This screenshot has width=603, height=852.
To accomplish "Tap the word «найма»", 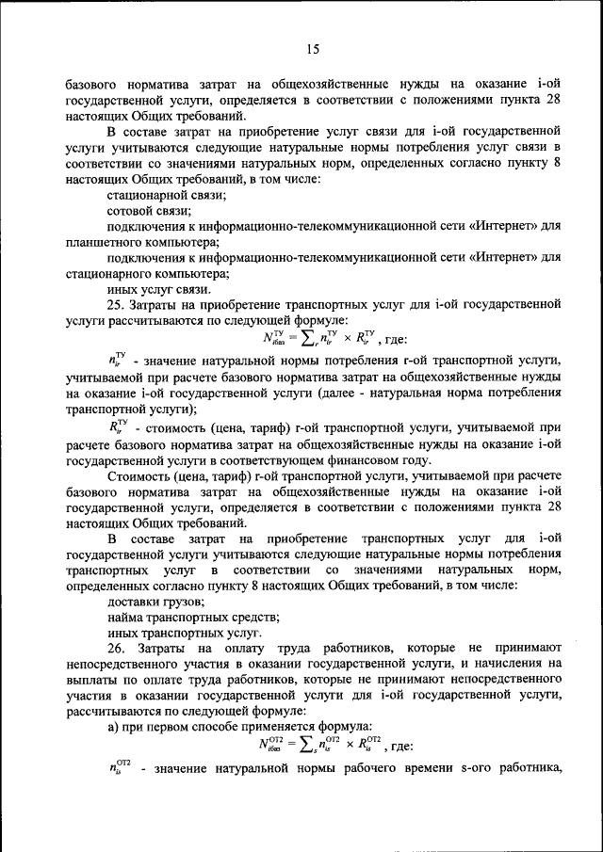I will pos(126,617).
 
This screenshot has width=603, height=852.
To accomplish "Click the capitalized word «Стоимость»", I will pos(140,475).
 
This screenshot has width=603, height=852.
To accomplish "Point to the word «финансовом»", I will pos(362,459).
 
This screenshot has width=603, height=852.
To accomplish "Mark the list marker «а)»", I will pos(114,726).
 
